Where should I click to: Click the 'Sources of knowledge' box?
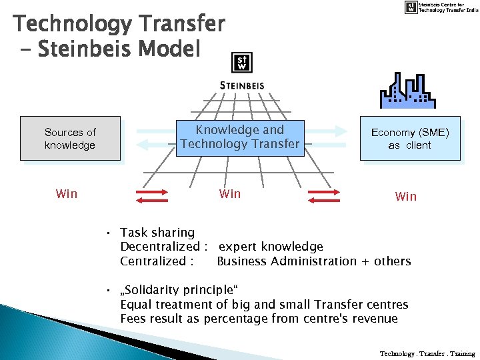(x=70, y=139)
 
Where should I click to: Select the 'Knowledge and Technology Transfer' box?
(x=240, y=137)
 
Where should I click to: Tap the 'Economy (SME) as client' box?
(x=410, y=139)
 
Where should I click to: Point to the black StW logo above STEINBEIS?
(x=241, y=63)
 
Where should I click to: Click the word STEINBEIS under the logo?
(x=242, y=85)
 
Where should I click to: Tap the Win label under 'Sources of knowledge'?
(x=67, y=194)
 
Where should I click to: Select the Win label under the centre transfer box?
(x=230, y=194)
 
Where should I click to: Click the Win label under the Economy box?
(x=405, y=197)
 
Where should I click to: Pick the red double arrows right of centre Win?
(x=324, y=195)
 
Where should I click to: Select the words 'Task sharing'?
(x=157, y=233)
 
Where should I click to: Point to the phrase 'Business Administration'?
(x=287, y=261)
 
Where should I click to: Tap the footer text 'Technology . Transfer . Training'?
(x=427, y=353)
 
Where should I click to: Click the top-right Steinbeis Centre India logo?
(x=440, y=7)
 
